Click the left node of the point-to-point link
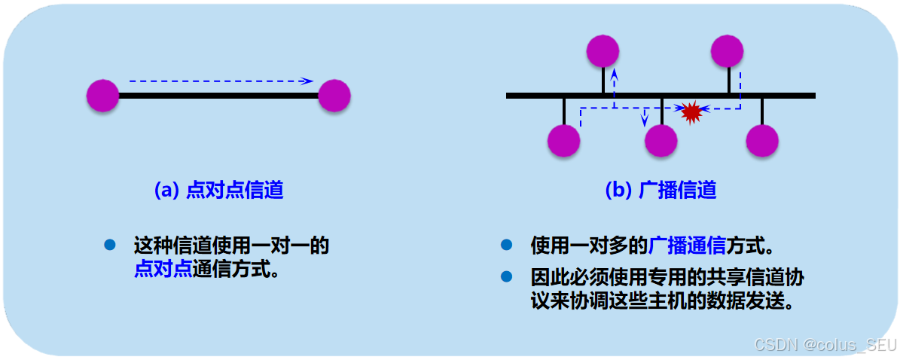[x=103, y=96]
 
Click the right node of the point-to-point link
[x=334, y=96]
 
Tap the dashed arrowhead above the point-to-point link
[x=308, y=81]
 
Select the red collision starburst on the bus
[x=691, y=111]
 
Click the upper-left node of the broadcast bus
[x=603, y=51]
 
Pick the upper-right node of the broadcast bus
[x=728, y=51]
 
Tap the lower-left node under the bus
[x=563, y=140]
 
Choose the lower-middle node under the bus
[x=661, y=140]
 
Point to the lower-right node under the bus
[x=762, y=140]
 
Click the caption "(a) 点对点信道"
[x=218, y=190]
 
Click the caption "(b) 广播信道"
[x=661, y=190]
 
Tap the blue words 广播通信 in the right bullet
[x=687, y=245]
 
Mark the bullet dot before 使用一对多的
[x=506, y=245]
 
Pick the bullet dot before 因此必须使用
[x=506, y=276]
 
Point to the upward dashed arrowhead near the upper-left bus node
[x=615, y=75]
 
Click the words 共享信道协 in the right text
[x=760, y=276]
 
